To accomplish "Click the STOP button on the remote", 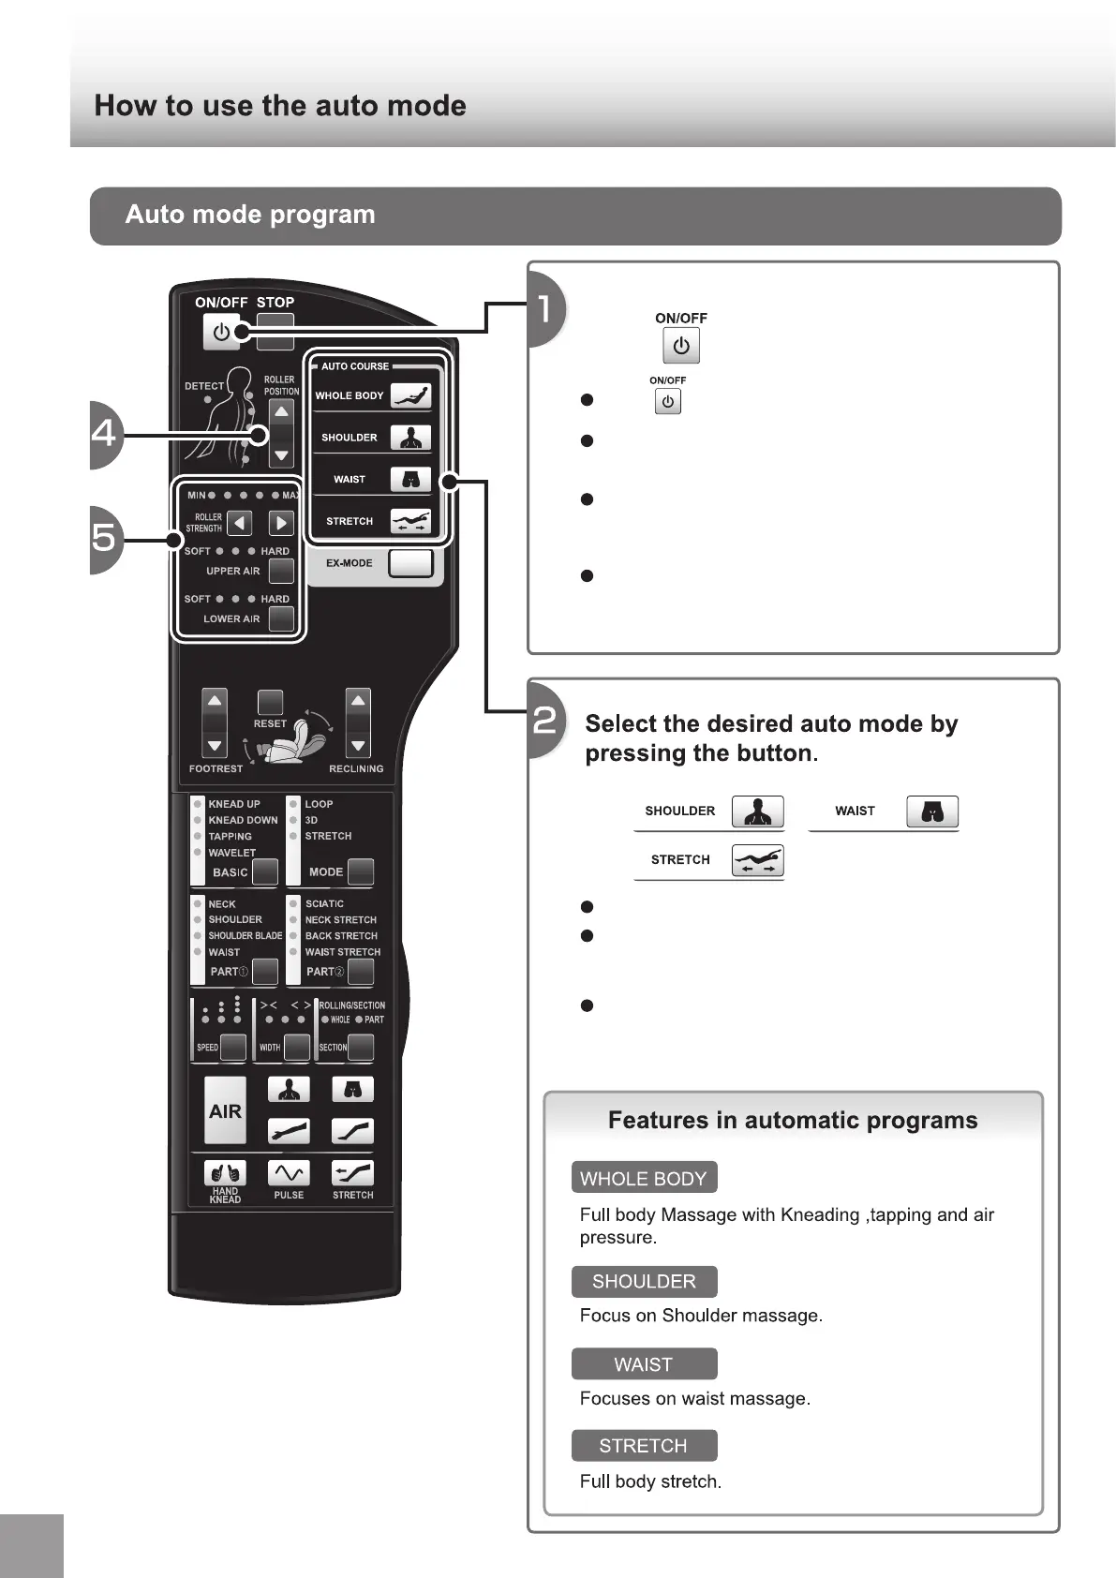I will [275, 330].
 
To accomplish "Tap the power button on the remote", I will [221, 332].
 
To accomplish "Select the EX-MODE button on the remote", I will [410, 563].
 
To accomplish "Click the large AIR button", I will [225, 1110].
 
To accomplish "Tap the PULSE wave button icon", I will [289, 1173].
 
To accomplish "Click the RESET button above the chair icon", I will [270, 703].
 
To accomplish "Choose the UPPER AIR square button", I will [281, 571].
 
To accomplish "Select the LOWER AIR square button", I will [281, 618].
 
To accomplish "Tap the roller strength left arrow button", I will [240, 523].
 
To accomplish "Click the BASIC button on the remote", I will [265, 871].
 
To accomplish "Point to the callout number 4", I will [105, 434].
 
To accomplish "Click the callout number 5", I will [105, 538].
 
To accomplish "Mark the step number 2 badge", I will [545, 721].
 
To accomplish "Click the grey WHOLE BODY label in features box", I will [644, 1178].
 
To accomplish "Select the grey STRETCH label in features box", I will [644, 1445].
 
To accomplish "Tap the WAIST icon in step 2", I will [931, 811].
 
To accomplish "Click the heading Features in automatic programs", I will [793, 1121].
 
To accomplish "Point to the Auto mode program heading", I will [250, 215].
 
